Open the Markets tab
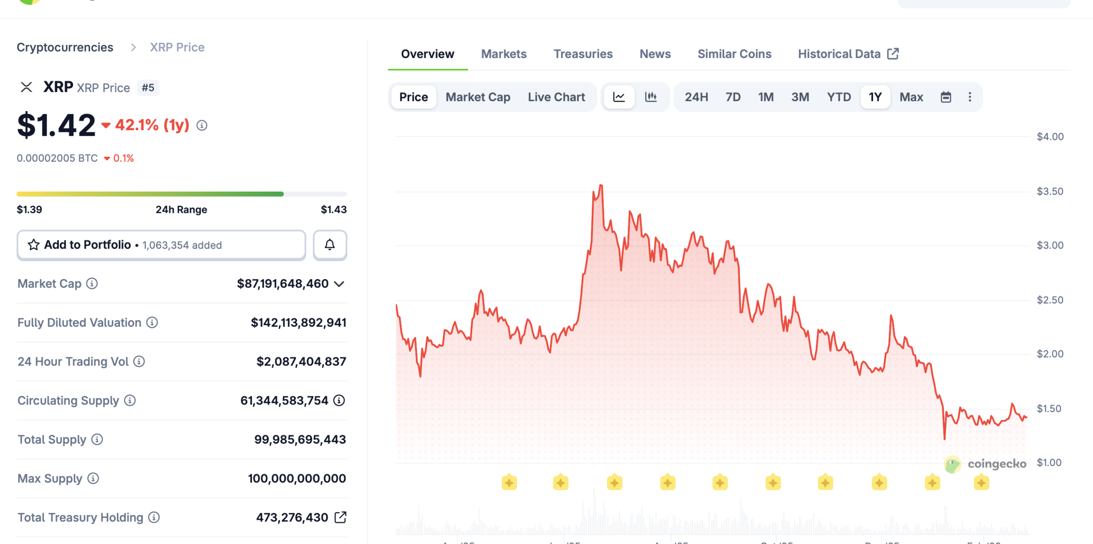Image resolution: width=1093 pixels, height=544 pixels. pyautogui.click(x=504, y=54)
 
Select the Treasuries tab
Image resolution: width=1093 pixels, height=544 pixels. pyautogui.click(x=583, y=54)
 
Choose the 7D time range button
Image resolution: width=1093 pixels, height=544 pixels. pyautogui.click(x=733, y=97)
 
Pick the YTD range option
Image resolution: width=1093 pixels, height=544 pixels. pyautogui.click(x=839, y=97)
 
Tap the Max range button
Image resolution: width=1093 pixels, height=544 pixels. pyautogui.click(x=911, y=97)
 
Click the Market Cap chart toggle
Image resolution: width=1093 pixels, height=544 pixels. pyautogui.click(x=478, y=97)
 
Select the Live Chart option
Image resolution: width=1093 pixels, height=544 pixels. pyautogui.click(x=556, y=97)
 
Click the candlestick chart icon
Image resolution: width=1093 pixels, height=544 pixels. pyautogui.click(x=651, y=97)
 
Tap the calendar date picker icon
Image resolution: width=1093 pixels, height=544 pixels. pyautogui.click(x=946, y=97)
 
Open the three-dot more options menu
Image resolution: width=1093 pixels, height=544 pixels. pyautogui.click(x=970, y=97)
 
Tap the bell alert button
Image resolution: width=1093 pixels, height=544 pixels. pyautogui.click(x=330, y=245)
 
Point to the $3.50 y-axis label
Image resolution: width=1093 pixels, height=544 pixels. pyautogui.click(x=1050, y=191)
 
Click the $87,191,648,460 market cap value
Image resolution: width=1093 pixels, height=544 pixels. pyautogui.click(x=283, y=284)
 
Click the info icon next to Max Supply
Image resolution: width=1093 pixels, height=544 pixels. pyautogui.click(x=93, y=478)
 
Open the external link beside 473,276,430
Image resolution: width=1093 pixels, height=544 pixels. pyautogui.click(x=340, y=517)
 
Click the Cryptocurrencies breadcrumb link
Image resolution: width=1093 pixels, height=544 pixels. pyautogui.click(x=65, y=47)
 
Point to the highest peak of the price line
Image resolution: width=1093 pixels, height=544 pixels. pyautogui.click(x=601, y=185)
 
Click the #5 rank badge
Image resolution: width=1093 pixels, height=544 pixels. pyautogui.click(x=148, y=88)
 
